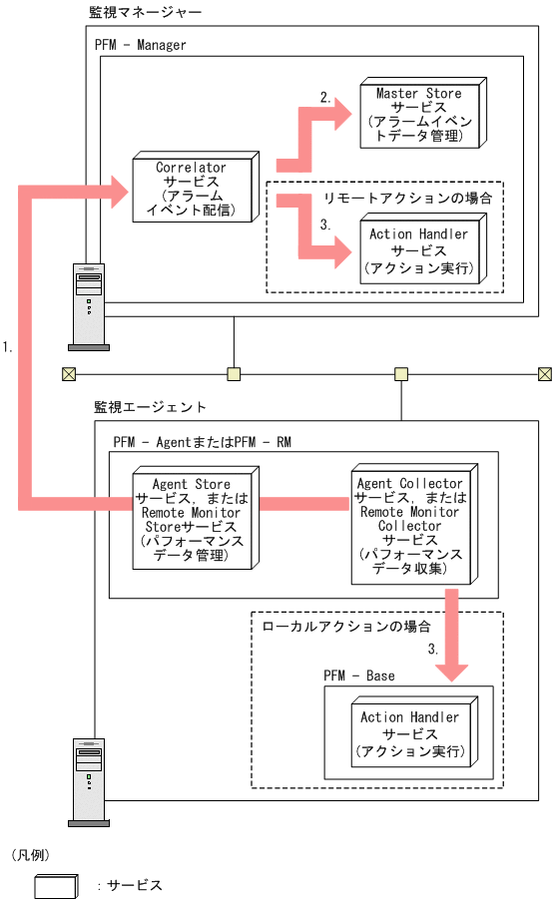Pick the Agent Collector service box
409,525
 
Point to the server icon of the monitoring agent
88,779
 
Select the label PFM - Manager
141,45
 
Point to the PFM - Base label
358,676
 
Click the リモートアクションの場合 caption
408,198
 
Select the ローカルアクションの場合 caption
345,628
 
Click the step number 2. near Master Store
325,97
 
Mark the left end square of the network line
69,374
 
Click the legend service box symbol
56,884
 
